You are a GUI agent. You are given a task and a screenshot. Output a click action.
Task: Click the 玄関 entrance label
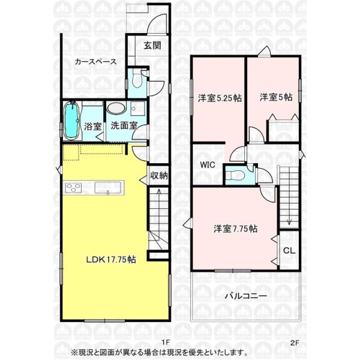152,46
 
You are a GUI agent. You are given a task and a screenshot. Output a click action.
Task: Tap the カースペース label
96,62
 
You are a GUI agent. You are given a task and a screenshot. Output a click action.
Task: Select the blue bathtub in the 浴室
71,121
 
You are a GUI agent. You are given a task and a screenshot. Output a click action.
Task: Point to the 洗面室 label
124,125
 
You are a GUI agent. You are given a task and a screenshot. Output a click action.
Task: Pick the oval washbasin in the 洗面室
116,108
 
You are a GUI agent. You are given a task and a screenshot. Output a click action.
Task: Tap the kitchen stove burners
73,188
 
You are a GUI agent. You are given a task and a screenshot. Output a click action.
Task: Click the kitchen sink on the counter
108,188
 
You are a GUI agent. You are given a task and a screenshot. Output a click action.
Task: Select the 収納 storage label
159,176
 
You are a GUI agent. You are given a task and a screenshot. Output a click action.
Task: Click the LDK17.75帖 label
111,260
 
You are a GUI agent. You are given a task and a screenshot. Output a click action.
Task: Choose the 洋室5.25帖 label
220,98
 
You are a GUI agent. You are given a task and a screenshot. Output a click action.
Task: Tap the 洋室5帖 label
276,97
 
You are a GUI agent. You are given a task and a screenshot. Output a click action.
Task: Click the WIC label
208,164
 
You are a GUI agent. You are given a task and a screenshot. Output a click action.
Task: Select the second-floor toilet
235,176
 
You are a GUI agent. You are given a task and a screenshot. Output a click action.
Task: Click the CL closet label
289,250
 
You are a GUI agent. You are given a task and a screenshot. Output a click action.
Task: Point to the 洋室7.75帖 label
235,229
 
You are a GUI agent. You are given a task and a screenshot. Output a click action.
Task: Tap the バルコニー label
245,296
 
